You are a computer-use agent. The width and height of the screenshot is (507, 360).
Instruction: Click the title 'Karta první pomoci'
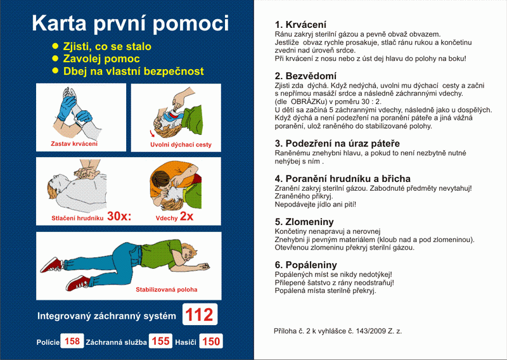tap(130, 23)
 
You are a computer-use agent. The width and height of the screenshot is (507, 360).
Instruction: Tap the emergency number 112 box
tap(200, 314)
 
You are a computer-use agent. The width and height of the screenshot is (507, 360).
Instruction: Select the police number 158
tap(72, 342)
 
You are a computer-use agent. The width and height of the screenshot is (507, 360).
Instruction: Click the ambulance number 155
tap(160, 342)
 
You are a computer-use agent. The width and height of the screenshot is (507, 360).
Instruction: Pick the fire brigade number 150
tap(211, 342)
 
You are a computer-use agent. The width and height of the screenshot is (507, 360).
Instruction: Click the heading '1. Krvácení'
tap(302, 24)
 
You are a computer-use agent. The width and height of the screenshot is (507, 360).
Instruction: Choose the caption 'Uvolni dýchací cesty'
tap(181, 145)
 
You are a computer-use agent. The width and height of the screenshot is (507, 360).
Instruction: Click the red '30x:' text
tap(119, 216)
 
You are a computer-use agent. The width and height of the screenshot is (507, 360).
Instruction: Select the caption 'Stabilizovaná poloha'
tap(166, 290)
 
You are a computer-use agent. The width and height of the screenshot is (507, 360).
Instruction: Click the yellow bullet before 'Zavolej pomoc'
tap(55, 59)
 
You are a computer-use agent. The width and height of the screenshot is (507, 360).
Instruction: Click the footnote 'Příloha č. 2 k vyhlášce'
tap(338, 331)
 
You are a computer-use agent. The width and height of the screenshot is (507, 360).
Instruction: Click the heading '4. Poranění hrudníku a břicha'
tap(342, 179)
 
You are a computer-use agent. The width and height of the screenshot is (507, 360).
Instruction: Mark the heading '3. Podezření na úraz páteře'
tap(337, 143)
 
